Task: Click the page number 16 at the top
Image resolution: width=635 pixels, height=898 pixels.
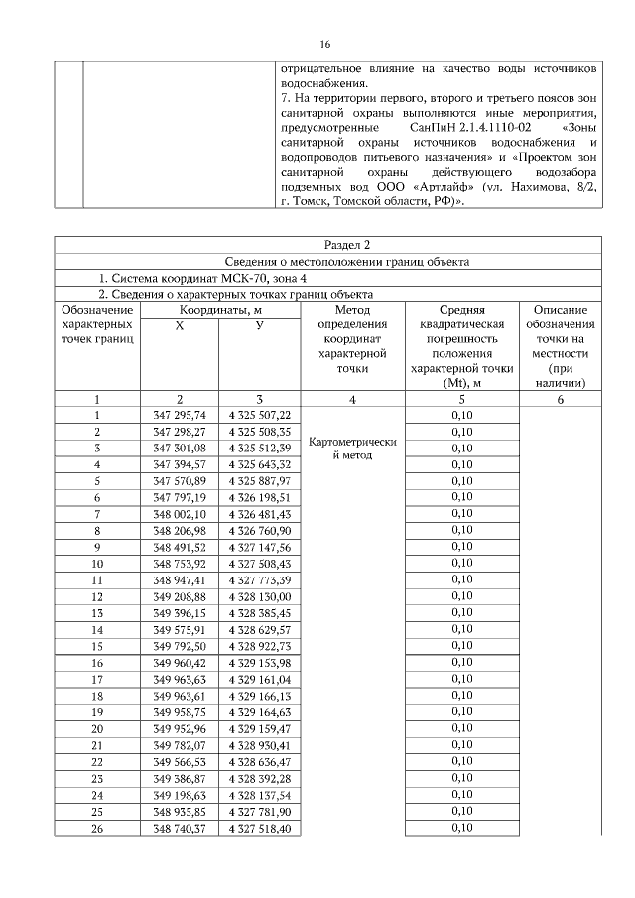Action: point(324,45)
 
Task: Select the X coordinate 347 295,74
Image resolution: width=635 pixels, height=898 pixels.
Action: point(180,414)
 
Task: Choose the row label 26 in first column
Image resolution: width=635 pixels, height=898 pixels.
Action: point(96,828)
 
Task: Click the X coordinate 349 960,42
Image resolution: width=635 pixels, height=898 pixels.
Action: point(180,662)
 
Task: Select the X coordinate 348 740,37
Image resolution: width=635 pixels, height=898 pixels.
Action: point(180,828)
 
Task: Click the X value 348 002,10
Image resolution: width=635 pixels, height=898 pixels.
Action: point(180,514)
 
